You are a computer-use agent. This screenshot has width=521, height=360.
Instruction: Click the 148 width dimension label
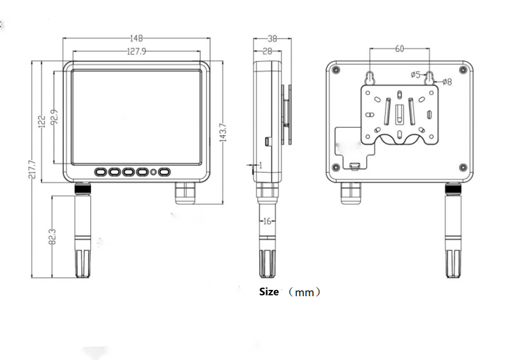[x=137, y=39]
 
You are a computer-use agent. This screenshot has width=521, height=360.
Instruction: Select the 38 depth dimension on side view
[x=273, y=39]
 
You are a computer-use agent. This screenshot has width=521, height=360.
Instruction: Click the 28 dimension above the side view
[x=267, y=51]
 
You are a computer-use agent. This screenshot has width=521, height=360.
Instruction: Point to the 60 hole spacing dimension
[x=400, y=49]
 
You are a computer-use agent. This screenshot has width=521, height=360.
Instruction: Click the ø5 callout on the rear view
[x=416, y=74]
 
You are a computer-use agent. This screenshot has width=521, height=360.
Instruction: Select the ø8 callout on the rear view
[x=447, y=82]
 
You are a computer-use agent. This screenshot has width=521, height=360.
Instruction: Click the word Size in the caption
[x=268, y=292]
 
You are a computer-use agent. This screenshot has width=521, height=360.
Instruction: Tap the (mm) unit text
[x=305, y=293]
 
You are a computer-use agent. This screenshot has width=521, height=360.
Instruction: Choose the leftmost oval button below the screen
[x=99, y=171]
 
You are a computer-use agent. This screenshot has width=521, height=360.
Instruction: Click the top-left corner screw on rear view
[x=336, y=71]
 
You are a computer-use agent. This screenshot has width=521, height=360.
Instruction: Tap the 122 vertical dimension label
[x=42, y=122]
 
